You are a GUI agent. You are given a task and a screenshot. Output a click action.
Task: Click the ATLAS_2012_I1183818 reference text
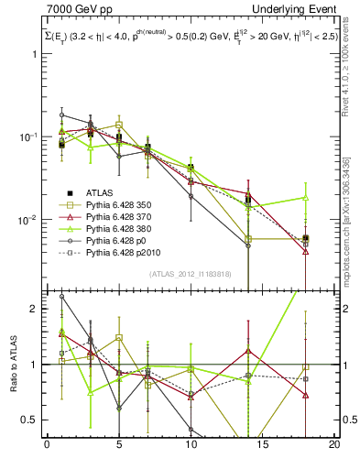point(191,273)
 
